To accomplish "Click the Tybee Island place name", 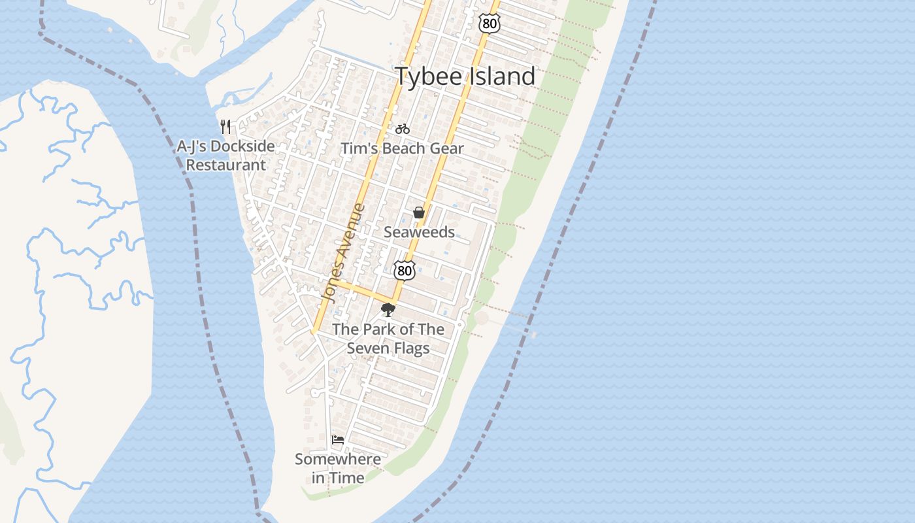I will tap(465, 76).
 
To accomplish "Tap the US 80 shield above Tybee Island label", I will tap(489, 24).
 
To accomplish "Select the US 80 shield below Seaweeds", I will tap(405, 269).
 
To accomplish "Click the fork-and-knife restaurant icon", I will tap(225, 126).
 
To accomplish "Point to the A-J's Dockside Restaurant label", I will tap(225, 156).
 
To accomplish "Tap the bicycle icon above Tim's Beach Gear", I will tap(403, 129).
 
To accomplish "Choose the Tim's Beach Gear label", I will tap(403, 148).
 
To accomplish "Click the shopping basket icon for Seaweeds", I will tap(419, 212).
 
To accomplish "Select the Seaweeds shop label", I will tap(419, 232).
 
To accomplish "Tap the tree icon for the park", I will tap(388, 310).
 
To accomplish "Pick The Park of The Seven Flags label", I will tap(388, 339).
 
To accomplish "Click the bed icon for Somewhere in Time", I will tap(338, 440).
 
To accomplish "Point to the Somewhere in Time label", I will tap(338, 468).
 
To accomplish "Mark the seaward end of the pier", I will tap(534, 335).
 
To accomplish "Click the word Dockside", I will tap(242, 146).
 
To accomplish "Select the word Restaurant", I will tap(226, 165).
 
